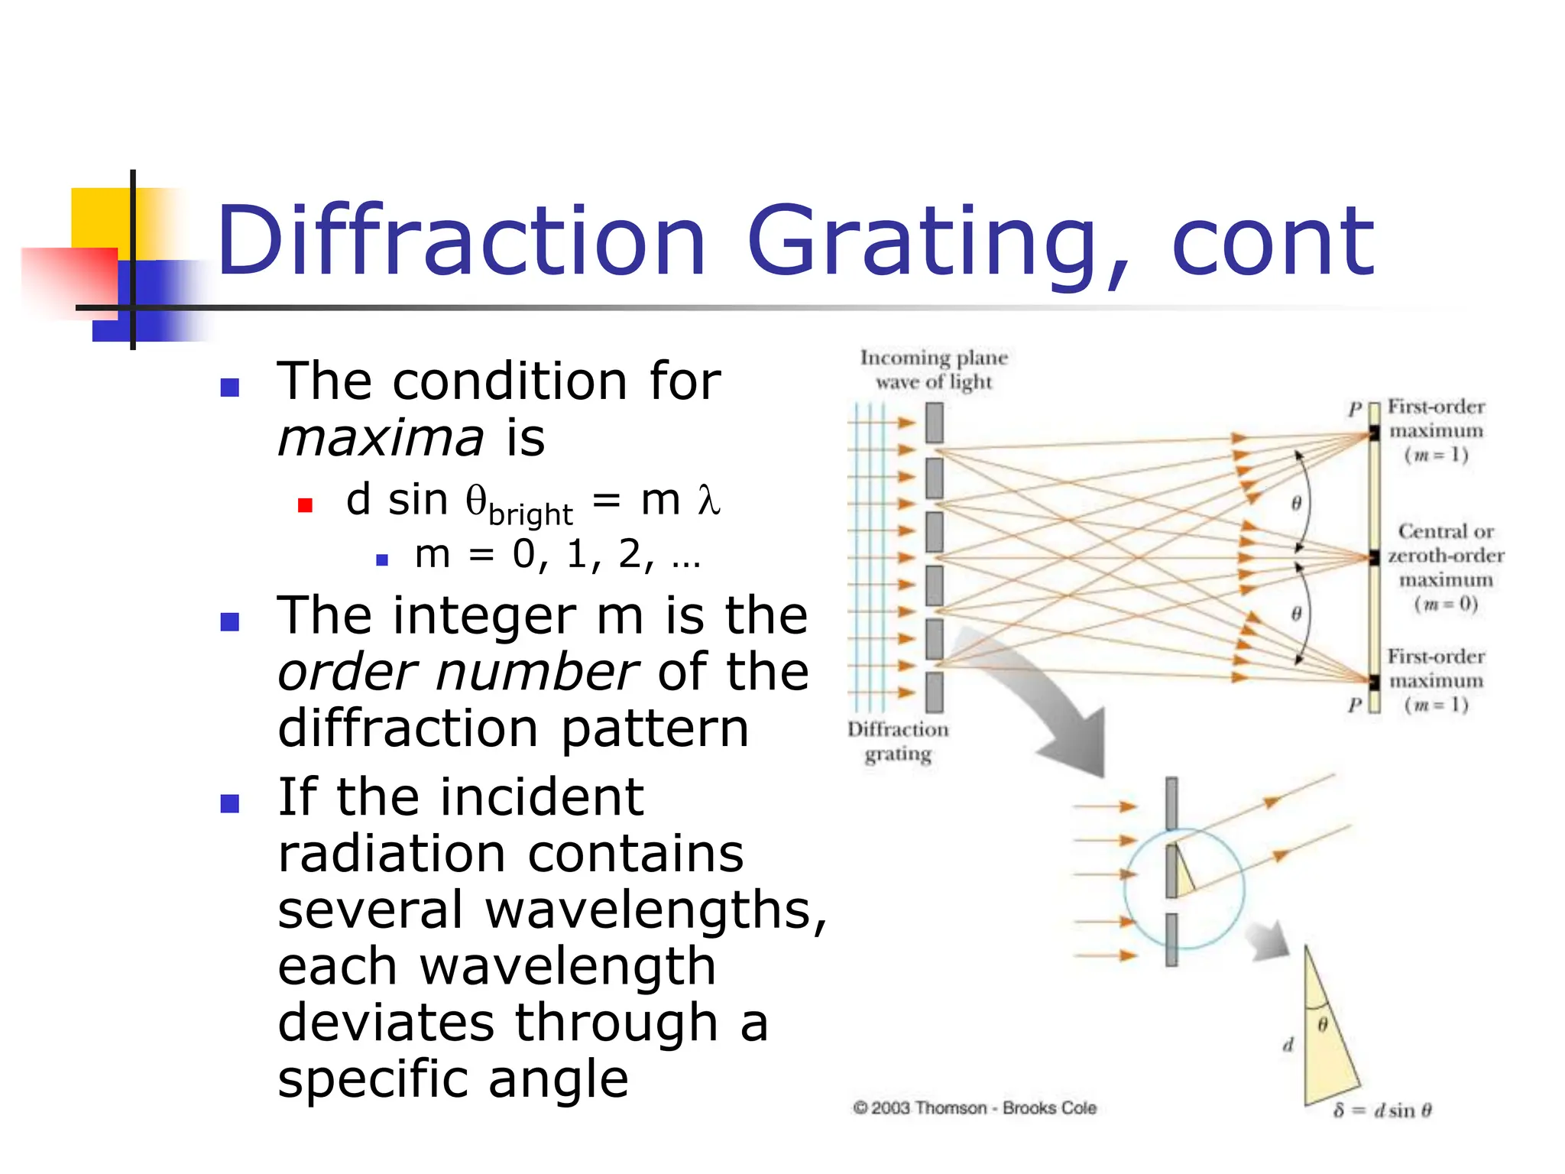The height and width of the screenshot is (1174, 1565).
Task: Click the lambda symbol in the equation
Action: (x=708, y=501)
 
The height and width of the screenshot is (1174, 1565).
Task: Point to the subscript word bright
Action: (x=530, y=515)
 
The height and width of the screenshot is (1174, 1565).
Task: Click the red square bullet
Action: (x=305, y=505)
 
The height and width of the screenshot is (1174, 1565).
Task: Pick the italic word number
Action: (x=537, y=672)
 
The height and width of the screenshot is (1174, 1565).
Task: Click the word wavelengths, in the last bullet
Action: (x=656, y=911)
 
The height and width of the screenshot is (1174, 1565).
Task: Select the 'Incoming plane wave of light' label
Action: (x=934, y=369)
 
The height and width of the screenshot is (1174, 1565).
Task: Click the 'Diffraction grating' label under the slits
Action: (x=898, y=741)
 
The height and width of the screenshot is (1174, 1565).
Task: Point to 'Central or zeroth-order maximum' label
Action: (x=1445, y=556)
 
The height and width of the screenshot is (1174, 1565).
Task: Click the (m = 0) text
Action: (x=1445, y=604)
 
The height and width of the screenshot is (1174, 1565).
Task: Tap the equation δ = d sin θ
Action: (x=1382, y=1111)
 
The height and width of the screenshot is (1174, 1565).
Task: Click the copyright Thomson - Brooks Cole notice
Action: (x=974, y=1108)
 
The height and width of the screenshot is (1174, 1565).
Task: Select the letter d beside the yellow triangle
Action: (x=1288, y=1044)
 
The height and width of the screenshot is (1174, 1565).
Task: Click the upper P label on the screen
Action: (x=1355, y=409)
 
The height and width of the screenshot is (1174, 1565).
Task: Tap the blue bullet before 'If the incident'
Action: (x=230, y=803)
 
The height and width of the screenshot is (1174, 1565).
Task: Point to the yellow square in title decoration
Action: (x=100, y=217)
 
